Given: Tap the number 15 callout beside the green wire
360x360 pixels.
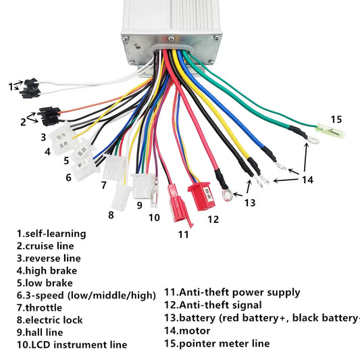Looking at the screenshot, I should pos(336,119).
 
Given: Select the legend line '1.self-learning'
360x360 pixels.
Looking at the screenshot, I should pos(52,233).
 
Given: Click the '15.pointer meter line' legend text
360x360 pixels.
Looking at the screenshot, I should pos(217,343).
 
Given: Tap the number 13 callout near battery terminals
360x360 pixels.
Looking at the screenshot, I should pos(250,202).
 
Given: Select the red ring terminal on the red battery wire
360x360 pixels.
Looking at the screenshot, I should pos(226,196).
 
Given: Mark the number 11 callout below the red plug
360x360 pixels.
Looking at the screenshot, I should pos(182,234).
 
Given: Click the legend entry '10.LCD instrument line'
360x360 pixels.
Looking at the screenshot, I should pos(72,344).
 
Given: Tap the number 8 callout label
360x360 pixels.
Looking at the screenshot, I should pos(111,215).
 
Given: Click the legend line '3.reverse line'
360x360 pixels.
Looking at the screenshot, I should pos(49,258).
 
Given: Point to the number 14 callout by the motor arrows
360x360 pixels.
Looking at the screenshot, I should pos(307,179).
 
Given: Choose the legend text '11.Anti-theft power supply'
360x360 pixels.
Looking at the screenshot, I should pos(232,292).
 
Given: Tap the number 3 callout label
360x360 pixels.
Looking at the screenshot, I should pos(43,137).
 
